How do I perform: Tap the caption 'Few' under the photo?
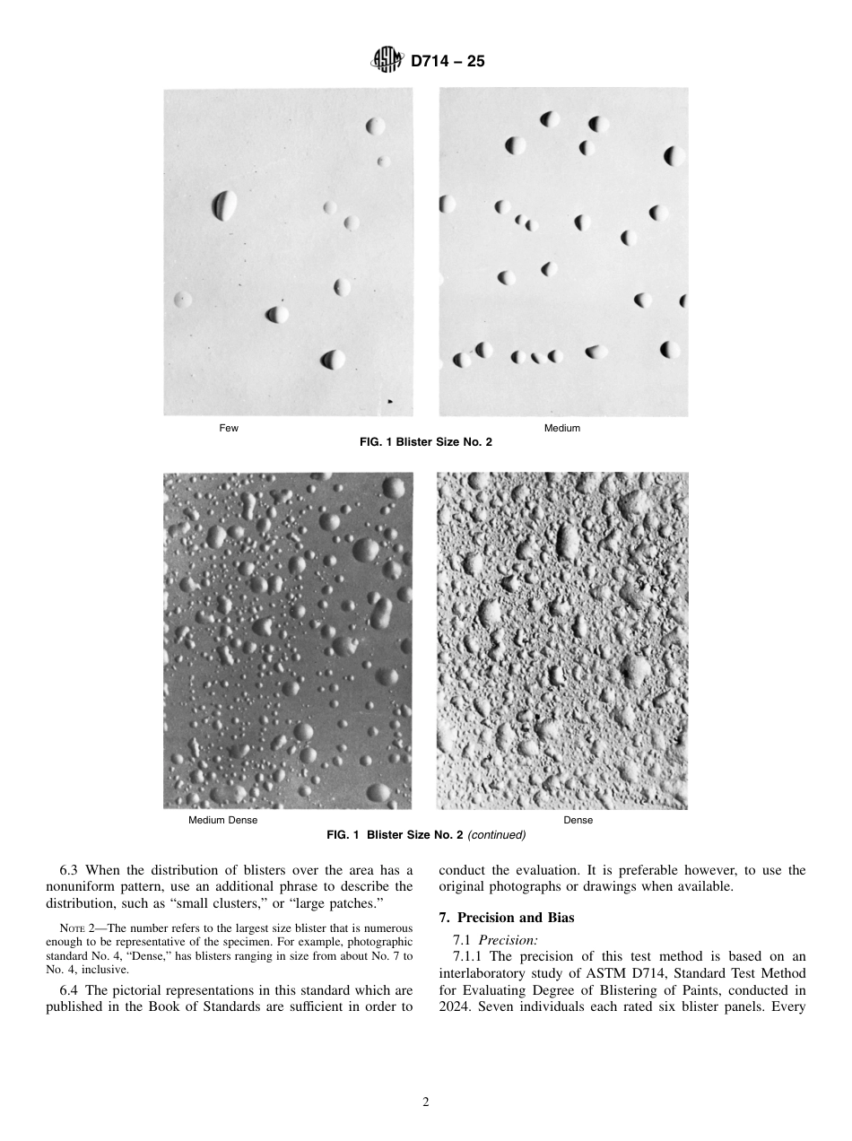pyautogui.click(x=229, y=429)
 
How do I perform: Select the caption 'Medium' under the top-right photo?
pyautogui.click(x=562, y=429)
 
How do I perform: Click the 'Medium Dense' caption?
pyautogui.click(x=222, y=821)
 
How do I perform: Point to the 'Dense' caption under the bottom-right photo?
pyautogui.click(x=578, y=821)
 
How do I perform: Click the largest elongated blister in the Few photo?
pyautogui.click(x=224, y=205)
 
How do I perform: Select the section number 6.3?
pyautogui.click(x=70, y=870)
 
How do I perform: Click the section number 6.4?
pyautogui.click(x=70, y=990)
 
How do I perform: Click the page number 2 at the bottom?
pyautogui.click(x=426, y=1102)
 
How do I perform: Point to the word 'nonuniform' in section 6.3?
pyautogui.click(x=79, y=886)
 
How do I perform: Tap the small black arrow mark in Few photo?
pyautogui.click(x=389, y=403)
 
